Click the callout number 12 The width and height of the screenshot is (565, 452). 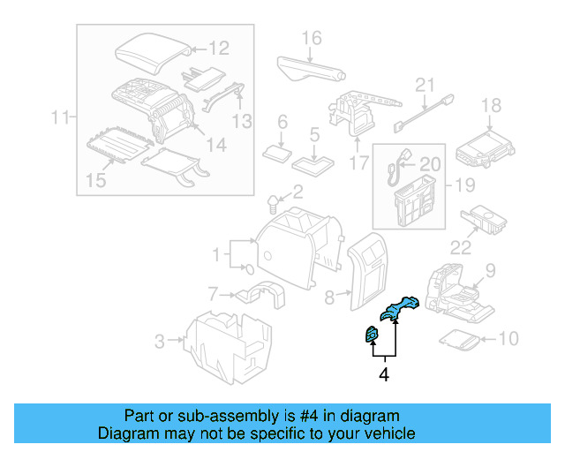[218, 49]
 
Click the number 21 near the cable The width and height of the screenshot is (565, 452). [426, 86]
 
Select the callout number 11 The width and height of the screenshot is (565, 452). [59, 117]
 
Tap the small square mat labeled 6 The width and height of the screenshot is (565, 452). [280, 151]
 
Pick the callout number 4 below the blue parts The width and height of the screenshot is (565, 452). [383, 375]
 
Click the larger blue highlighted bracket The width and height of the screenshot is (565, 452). [400, 308]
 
